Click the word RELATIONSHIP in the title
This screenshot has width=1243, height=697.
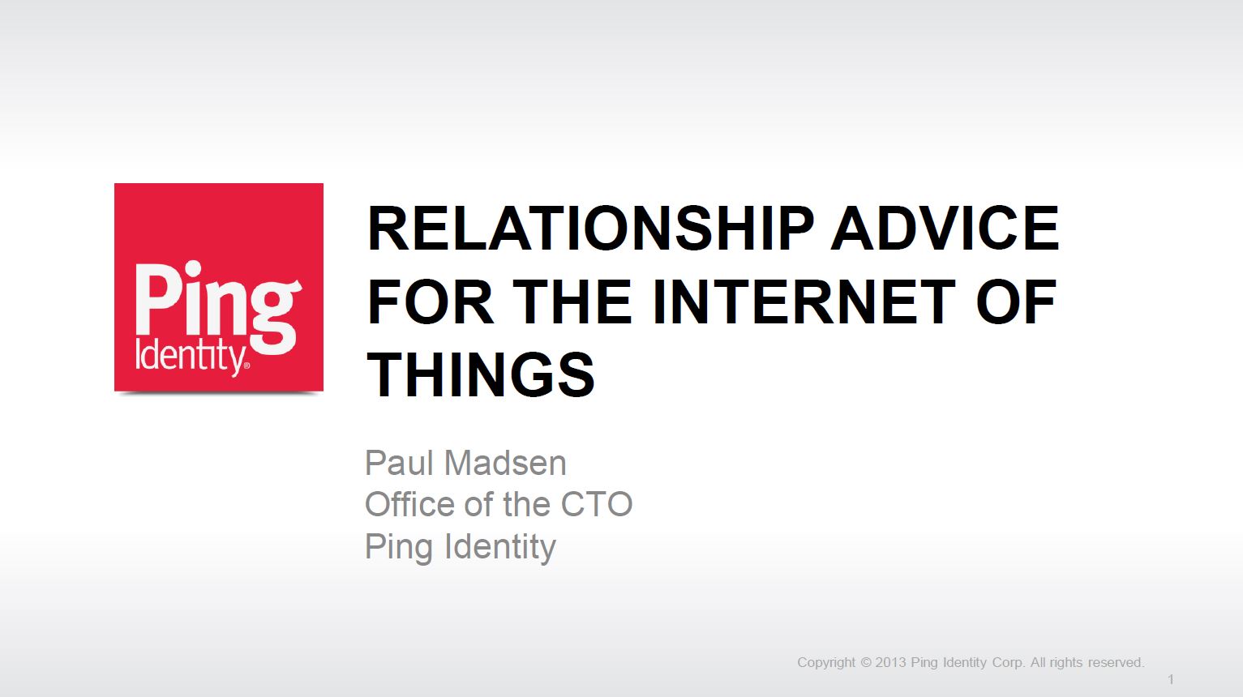tap(590, 229)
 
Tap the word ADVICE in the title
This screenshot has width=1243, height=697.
tap(945, 229)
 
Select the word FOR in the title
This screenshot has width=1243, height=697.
tap(430, 301)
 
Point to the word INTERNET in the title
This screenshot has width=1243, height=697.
tap(804, 301)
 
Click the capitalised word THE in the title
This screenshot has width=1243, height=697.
tap(572, 301)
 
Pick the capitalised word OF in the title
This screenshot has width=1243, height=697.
tap(1016, 301)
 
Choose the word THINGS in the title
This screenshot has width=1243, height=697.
tap(481, 374)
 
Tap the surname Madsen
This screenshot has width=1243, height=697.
tap(505, 463)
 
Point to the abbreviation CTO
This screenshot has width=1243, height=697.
tap(597, 504)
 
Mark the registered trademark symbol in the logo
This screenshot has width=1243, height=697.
tap(247, 366)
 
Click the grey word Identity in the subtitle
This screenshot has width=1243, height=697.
tap(500, 547)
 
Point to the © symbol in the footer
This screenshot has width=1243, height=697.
tap(866, 663)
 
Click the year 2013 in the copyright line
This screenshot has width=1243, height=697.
tap(890, 663)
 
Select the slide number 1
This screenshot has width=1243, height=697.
tap(1171, 680)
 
